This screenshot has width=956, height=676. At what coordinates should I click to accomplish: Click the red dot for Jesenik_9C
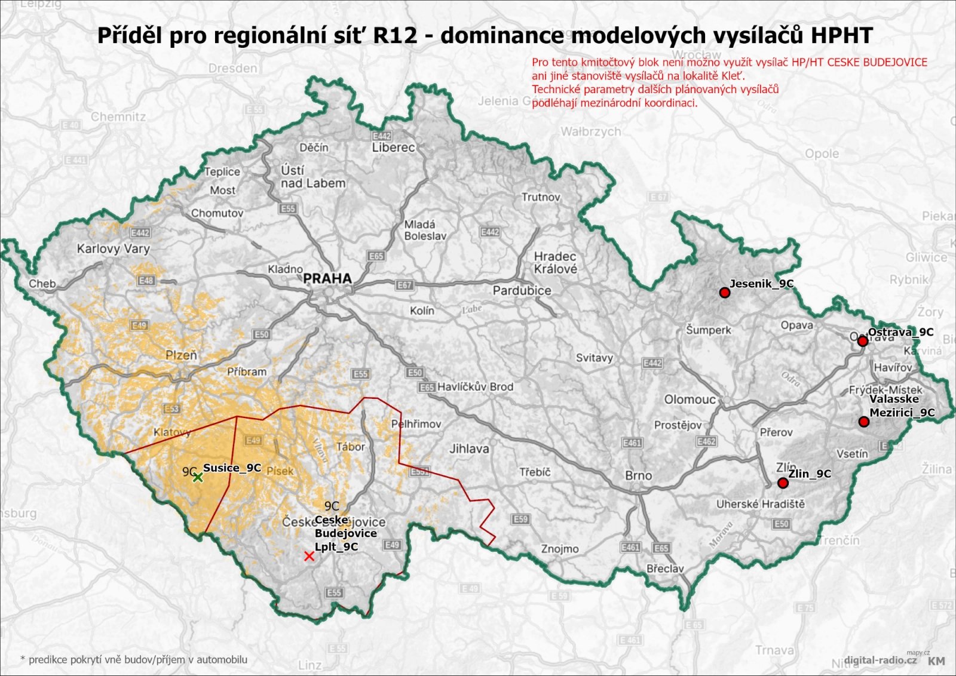[x=725, y=293]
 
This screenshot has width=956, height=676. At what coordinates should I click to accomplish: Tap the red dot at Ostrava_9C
[x=862, y=341]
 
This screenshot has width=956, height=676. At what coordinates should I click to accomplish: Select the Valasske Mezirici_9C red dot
[x=863, y=422]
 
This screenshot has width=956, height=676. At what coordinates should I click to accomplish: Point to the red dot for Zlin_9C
[x=783, y=483]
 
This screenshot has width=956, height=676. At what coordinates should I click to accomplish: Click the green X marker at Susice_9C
[x=198, y=477]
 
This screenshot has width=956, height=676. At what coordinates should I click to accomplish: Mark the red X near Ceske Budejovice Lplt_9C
[x=309, y=557]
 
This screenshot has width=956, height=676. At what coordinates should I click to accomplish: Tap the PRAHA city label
[x=327, y=278]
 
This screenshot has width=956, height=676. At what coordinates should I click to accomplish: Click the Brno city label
[x=638, y=475]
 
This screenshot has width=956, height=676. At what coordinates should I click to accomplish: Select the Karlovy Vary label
[x=113, y=248]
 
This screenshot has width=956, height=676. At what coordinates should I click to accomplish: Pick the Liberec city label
[x=393, y=147]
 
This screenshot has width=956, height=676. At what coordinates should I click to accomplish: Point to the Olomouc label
[x=690, y=399]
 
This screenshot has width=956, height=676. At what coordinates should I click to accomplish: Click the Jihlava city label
[x=468, y=448]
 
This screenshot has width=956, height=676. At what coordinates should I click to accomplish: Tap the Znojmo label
[x=559, y=549]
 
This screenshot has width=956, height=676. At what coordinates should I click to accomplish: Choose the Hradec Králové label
[x=555, y=263]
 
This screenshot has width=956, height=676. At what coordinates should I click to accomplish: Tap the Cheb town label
[x=42, y=284]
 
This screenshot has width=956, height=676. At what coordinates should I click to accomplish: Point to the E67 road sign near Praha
[x=405, y=285]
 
